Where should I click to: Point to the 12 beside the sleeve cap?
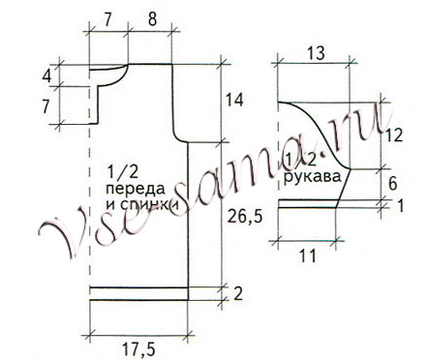click(391, 135)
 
